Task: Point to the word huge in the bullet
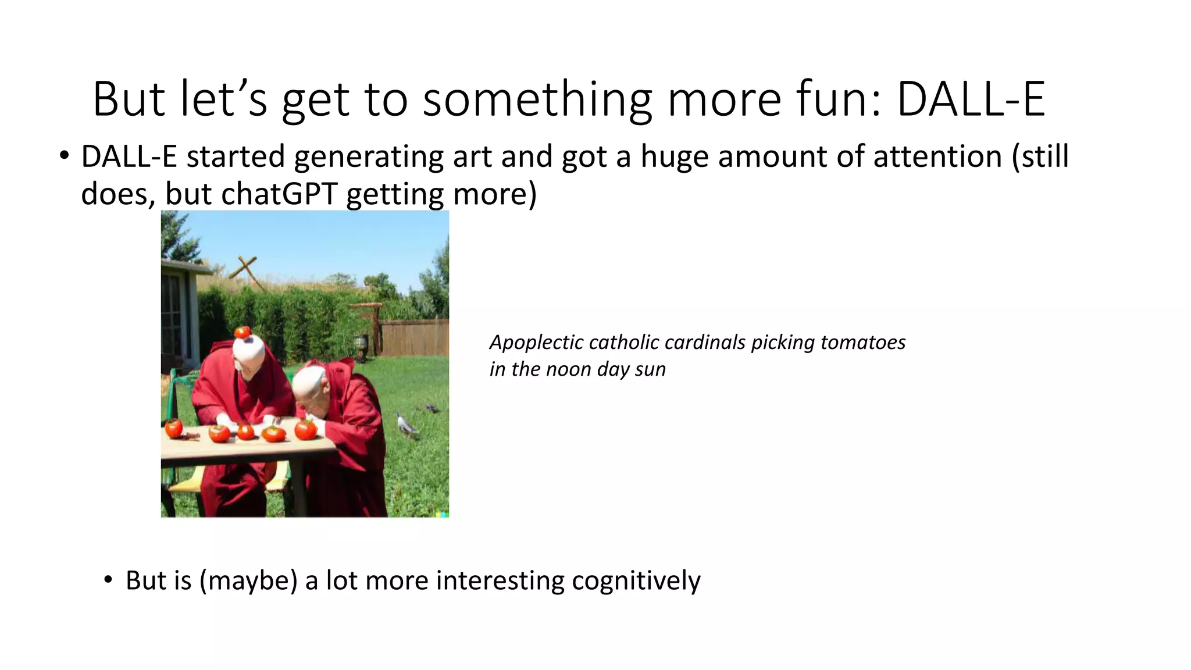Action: click(x=674, y=158)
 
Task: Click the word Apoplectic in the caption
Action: click(x=534, y=343)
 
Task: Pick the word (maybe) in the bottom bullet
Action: click(x=248, y=581)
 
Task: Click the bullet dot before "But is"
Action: click(x=108, y=580)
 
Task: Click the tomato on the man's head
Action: click(x=243, y=332)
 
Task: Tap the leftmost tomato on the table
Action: click(x=173, y=428)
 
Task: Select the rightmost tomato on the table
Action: click(x=305, y=430)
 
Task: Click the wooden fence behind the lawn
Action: click(x=416, y=337)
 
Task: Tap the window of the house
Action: click(x=172, y=314)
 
